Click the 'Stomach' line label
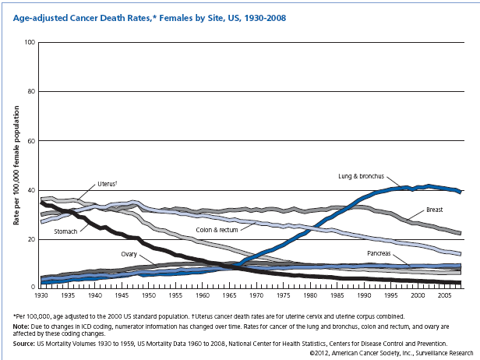65,231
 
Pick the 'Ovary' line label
130,254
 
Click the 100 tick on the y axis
30,41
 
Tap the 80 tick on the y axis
32,91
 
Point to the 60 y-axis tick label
32,140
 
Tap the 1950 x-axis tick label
148,297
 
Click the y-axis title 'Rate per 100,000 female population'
16,164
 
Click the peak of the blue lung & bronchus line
428,186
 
